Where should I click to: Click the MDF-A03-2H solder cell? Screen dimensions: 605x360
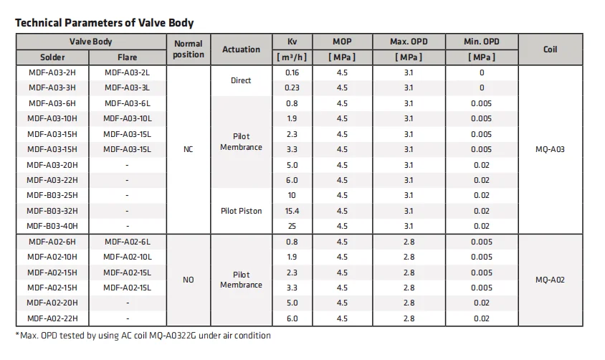(x=52, y=72)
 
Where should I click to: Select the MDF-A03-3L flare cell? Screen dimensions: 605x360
(x=128, y=87)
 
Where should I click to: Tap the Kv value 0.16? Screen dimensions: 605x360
(x=292, y=72)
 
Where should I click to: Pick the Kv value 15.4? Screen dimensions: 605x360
(x=292, y=211)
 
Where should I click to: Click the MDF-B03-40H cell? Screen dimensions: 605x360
(x=52, y=226)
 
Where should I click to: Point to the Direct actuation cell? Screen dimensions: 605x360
(x=241, y=80)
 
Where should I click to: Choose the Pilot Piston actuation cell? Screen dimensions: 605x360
(x=241, y=211)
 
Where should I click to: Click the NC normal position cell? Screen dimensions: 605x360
(x=189, y=149)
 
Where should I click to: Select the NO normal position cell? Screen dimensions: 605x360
(x=189, y=280)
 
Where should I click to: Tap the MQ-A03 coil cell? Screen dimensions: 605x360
(x=550, y=149)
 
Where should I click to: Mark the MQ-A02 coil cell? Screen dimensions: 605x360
(x=550, y=280)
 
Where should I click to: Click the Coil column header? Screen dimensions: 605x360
(x=551, y=49)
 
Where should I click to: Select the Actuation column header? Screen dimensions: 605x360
(x=241, y=49)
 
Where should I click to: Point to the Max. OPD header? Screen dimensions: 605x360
(x=409, y=42)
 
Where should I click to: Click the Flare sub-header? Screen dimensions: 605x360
(x=128, y=57)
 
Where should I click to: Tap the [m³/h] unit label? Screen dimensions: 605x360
(x=292, y=57)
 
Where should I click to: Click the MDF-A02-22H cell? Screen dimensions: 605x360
(x=52, y=318)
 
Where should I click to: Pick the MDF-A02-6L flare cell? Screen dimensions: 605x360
(x=128, y=242)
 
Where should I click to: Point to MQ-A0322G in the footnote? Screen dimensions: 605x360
(x=173, y=336)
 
